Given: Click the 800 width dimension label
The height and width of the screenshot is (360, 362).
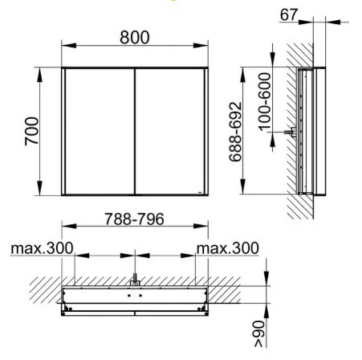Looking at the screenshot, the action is point(135,37).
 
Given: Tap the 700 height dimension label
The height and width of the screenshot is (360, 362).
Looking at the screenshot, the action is point(31,131).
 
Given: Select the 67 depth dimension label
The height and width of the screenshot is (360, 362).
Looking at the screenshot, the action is point(289,14).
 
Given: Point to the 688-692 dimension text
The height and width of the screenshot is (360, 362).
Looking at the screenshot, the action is point(235,132).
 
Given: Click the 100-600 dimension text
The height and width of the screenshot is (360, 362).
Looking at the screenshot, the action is point(265,102).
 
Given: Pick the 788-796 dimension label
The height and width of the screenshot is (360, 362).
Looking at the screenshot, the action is point(134,219).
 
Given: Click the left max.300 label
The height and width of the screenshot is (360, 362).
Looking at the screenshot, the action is point(42,248).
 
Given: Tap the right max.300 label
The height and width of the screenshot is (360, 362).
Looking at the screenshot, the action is point(228,248).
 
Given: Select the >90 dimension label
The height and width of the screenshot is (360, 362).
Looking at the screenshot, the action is point(259,334).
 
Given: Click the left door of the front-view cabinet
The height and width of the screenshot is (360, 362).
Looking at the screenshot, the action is point(100,131).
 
